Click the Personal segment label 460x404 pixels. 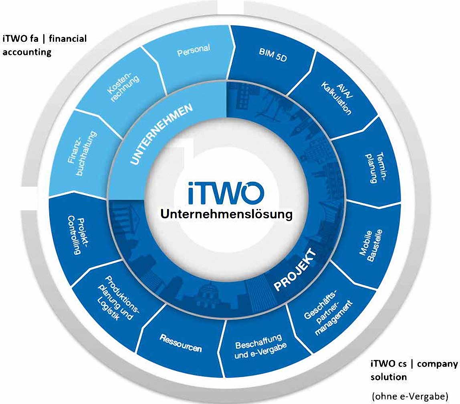[194, 51]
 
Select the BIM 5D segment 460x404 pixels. [273, 55]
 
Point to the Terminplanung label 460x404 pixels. [376, 168]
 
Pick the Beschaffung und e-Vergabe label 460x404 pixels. [260, 346]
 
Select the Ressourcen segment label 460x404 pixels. [181, 343]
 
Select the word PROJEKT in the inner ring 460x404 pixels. [295, 270]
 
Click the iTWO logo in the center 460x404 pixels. [226, 193]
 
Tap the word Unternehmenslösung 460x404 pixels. [226, 214]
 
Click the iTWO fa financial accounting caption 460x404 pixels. [44, 45]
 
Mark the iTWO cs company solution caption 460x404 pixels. [414, 370]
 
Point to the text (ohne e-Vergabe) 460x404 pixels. [410, 396]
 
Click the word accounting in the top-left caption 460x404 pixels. [27, 52]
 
